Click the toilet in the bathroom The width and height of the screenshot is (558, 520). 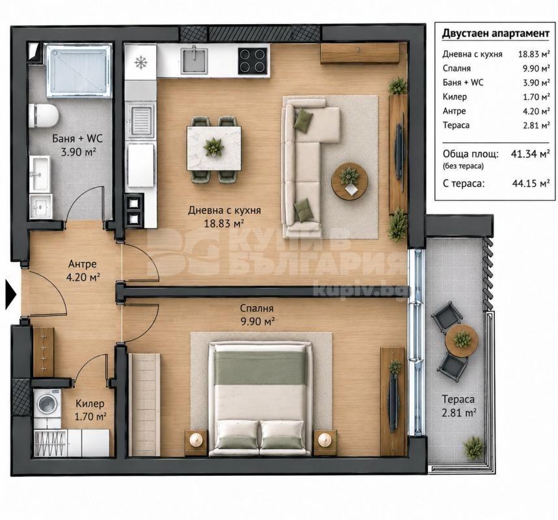44,115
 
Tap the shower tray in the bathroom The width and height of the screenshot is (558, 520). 77,70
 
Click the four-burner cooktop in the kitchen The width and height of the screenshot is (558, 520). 253,61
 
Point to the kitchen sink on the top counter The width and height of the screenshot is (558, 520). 194,60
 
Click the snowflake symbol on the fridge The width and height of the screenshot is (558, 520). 141,62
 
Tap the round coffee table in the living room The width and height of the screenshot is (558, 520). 349,181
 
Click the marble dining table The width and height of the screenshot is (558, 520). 214,148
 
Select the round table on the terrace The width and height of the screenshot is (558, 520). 462,341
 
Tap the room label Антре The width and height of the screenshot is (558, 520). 82,264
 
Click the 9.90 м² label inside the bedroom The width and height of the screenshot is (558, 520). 258,322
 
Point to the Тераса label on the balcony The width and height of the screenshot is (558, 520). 458,400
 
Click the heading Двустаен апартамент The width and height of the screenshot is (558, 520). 496,33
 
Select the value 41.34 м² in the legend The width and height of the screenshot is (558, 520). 530,154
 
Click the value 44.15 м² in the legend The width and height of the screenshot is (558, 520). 531,183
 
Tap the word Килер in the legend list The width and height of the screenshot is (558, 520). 455,97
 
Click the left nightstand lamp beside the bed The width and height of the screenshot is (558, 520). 196,440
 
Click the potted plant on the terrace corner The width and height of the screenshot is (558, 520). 473,447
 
